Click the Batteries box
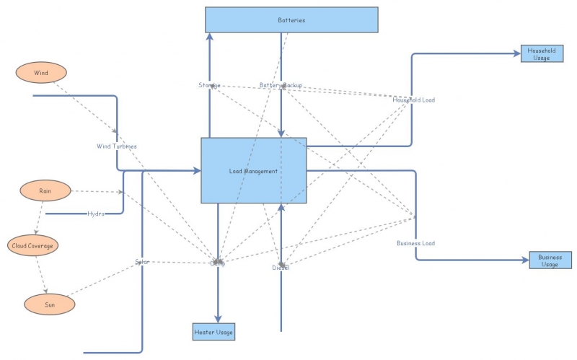pos(291,20)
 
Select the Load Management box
pos(253,171)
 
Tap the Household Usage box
pos(541,54)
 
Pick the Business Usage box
pos(550,260)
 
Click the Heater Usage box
pos(213,332)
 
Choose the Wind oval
pos(40,72)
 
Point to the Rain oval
pos(45,191)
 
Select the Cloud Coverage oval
pos(32,245)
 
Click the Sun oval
pos(50,304)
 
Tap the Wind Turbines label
pos(117,146)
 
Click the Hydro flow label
pos(97,214)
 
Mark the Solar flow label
pos(142,261)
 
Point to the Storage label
pos(209,86)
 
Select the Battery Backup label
pos(281,86)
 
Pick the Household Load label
pos(413,100)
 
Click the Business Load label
pos(415,243)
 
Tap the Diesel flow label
pos(281,268)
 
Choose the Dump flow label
pos(217,263)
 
